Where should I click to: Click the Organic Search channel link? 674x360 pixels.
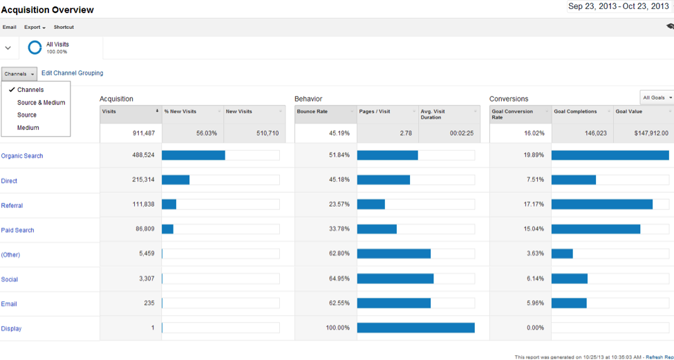(x=22, y=156)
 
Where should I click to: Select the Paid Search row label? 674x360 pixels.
(x=17, y=230)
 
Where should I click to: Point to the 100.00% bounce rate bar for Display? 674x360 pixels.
(x=415, y=328)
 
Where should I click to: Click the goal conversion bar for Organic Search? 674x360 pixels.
(x=610, y=155)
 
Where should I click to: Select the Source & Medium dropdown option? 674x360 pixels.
(x=41, y=103)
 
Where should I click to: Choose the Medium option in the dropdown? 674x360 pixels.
(x=28, y=128)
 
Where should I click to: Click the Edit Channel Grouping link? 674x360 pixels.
(x=73, y=73)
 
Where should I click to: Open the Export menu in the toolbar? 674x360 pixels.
(x=35, y=28)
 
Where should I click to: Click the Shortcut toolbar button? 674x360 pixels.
(x=64, y=28)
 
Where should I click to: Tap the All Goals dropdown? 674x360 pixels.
(x=656, y=97)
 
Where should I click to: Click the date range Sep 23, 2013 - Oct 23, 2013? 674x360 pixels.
(x=618, y=6)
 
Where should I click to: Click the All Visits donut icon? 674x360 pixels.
(x=35, y=48)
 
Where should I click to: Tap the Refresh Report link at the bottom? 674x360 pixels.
(x=659, y=357)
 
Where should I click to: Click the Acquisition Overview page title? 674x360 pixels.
(x=48, y=10)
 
